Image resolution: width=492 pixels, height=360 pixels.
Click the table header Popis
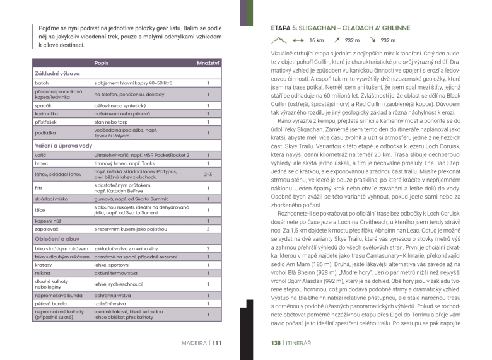100,64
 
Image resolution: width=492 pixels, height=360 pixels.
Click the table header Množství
208,64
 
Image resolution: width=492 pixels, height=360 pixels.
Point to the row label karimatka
47,112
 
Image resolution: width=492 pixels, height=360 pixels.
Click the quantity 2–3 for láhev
208,175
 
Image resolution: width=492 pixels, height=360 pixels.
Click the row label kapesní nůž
49,221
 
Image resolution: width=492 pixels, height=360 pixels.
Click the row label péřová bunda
51,304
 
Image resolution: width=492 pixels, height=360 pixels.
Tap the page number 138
276,343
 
